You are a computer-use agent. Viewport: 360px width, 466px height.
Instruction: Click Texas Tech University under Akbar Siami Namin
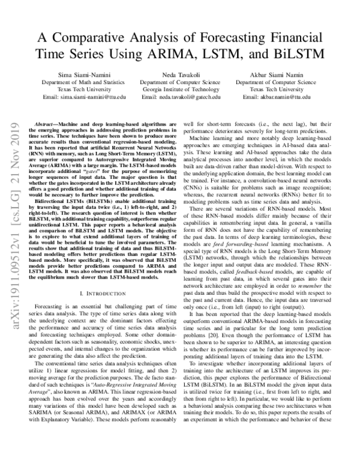click(286, 89)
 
